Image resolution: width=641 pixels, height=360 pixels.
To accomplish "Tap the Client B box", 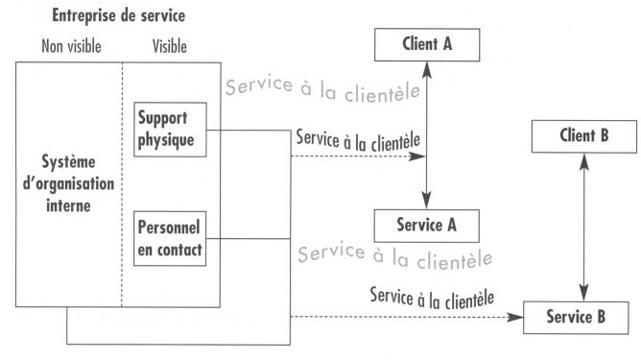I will [x=583, y=135].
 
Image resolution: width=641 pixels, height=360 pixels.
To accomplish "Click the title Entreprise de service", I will [x=119, y=16].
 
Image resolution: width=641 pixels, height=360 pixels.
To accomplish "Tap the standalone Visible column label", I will [x=170, y=46].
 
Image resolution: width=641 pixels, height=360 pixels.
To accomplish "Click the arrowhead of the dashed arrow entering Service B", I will [x=517, y=316].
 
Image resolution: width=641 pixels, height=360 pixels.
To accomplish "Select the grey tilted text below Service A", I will [x=395, y=254].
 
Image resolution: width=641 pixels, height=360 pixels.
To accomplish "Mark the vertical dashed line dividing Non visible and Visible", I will [x=122, y=182].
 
